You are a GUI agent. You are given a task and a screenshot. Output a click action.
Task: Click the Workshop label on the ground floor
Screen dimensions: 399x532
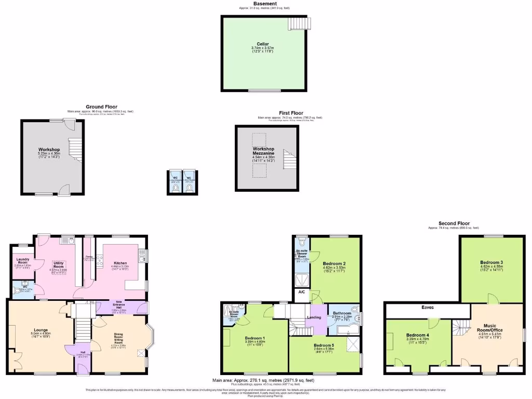(49, 150)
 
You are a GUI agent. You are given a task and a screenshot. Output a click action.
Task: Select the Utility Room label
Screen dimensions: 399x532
(58, 265)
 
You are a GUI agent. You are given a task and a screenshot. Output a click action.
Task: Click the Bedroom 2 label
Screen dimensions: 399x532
(334, 263)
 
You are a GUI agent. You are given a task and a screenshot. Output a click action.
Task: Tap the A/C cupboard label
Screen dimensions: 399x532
(301, 292)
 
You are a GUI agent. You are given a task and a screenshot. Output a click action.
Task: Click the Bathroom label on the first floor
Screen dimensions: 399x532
(342, 313)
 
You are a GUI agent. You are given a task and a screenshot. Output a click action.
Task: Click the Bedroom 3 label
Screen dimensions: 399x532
(491, 262)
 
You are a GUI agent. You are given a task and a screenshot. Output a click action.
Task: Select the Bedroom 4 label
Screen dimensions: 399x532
(417, 335)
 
